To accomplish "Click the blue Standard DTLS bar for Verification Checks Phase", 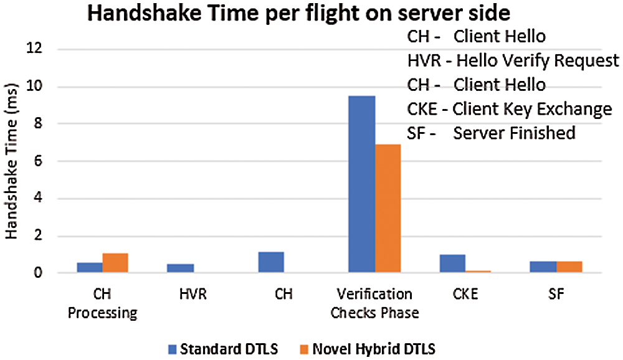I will (x=361, y=184).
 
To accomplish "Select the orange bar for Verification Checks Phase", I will (x=388, y=209).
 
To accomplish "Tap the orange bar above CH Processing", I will (x=115, y=263).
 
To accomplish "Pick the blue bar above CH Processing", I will (x=90, y=267).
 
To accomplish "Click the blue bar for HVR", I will (x=180, y=268).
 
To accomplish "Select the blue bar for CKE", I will (x=452, y=263).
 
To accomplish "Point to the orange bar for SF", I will (x=569, y=267).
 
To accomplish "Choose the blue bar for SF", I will (x=543, y=267).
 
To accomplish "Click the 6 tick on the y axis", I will (x=45, y=161).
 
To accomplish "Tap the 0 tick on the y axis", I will (x=45, y=273).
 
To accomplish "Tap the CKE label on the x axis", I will (x=465, y=294).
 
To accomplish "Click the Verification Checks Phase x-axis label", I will (x=374, y=303).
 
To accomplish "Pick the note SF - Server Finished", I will (x=490, y=133).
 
